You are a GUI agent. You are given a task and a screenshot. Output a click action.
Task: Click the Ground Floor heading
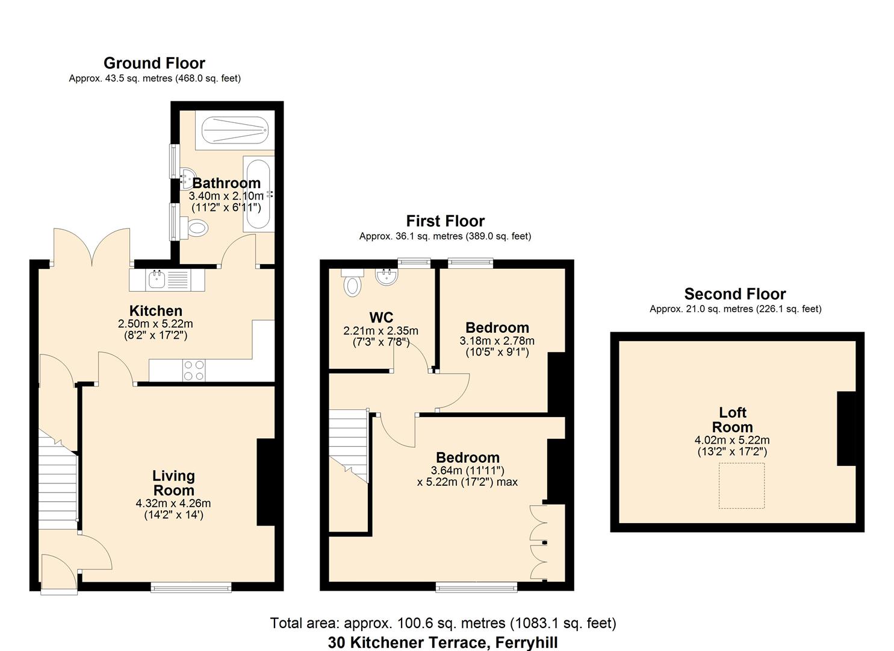click(154, 63)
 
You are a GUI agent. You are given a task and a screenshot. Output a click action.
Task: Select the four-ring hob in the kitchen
click(194, 370)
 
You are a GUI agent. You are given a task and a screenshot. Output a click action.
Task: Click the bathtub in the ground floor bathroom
click(258, 193)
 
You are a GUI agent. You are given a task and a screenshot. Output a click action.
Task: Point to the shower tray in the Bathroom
click(234, 130)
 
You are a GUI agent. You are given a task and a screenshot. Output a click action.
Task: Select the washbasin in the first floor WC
click(386, 277)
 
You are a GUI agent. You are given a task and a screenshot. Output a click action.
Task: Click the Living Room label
click(173, 483)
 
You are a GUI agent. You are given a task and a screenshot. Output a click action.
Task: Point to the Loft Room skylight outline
click(742, 486)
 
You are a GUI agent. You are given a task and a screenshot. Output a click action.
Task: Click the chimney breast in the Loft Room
click(846, 429)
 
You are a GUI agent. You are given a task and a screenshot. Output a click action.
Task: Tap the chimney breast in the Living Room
click(265, 482)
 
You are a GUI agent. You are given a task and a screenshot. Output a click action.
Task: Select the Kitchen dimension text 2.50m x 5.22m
click(155, 324)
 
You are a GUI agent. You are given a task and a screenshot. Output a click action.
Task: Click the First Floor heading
click(445, 221)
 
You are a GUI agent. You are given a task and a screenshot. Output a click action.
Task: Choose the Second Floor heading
click(734, 294)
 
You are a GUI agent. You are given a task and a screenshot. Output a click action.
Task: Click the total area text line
click(443, 623)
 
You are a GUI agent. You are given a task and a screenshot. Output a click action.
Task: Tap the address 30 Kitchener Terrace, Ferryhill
click(443, 643)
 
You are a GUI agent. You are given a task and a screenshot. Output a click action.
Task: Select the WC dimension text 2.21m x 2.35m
click(380, 331)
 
